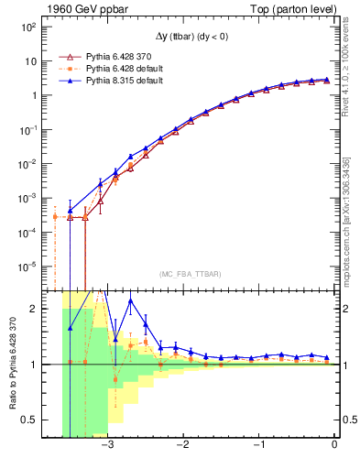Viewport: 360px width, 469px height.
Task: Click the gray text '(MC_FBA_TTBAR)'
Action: [190, 273]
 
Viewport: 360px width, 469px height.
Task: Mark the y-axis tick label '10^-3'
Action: [27, 198]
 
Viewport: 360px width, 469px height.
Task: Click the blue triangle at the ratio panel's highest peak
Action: [130, 300]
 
